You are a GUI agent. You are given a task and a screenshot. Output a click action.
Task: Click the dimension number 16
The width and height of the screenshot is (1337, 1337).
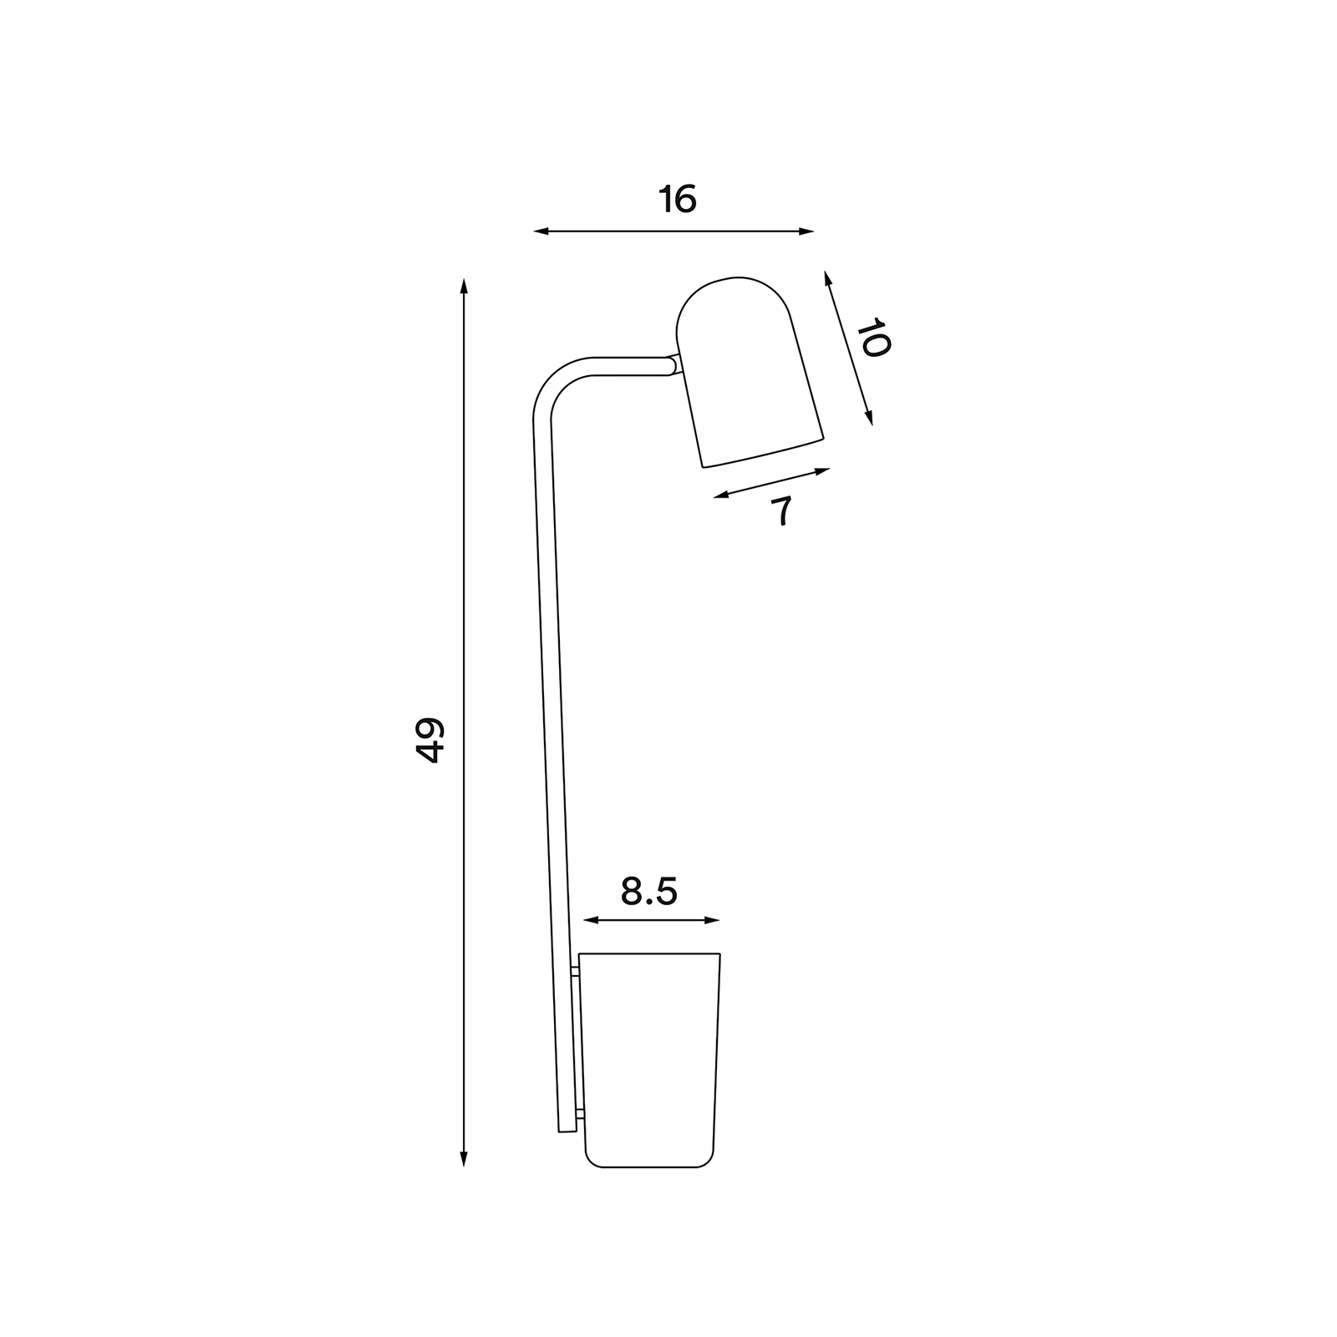(x=677, y=201)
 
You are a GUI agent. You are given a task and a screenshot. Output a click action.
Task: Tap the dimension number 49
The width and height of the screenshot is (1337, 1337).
(x=430, y=740)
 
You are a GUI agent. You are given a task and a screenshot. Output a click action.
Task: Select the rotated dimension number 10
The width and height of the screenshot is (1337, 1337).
(x=873, y=338)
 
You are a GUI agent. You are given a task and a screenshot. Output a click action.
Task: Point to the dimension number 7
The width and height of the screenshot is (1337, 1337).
(x=781, y=511)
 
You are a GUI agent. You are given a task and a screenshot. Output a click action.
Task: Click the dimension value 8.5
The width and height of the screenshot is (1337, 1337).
(x=649, y=892)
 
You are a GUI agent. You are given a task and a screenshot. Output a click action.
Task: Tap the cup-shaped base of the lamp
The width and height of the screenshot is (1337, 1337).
(x=650, y=1061)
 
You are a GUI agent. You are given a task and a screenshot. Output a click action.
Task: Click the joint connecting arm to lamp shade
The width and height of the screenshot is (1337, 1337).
(x=674, y=365)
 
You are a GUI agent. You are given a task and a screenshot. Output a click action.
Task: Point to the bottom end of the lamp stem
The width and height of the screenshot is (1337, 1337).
(x=567, y=1128)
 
